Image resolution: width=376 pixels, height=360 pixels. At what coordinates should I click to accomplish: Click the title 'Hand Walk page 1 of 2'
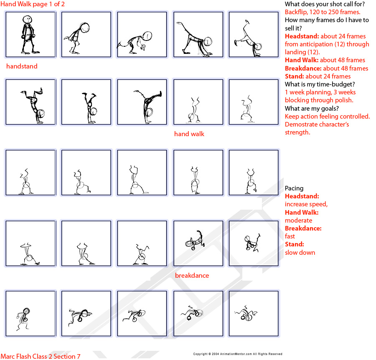[x=33, y=4]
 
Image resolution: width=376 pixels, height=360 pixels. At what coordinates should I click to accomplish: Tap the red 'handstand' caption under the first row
[x=22, y=66]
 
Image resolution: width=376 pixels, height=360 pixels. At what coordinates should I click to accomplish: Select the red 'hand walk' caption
[x=189, y=134]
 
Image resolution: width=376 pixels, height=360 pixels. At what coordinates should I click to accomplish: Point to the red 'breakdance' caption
[x=192, y=276]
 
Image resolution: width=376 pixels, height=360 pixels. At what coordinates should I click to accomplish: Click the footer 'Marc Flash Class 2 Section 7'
[x=41, y=356]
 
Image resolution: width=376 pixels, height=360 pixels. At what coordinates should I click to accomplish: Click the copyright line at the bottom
[x=237, y=354]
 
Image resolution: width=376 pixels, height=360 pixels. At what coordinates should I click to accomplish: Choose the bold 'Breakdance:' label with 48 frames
[x=303, y=68]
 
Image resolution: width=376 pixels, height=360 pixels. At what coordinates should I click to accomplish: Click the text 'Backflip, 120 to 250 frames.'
[x=323, y=12]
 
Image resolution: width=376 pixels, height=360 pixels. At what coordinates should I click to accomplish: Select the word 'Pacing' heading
[x=294, y=188]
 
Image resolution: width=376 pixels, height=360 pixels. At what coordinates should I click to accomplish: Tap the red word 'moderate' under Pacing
[x=298, y=221]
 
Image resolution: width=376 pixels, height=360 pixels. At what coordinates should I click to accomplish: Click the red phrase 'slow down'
[x=300, y=253]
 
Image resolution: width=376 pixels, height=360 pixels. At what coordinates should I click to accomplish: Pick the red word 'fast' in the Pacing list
[x=290, y=236]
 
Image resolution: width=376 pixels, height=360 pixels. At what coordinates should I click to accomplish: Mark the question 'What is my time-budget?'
[x=320, y=84]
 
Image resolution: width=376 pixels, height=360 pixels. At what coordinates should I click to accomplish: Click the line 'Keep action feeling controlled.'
[x=327, y=117]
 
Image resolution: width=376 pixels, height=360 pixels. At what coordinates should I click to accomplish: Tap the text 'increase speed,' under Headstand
[x=306, y=204]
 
